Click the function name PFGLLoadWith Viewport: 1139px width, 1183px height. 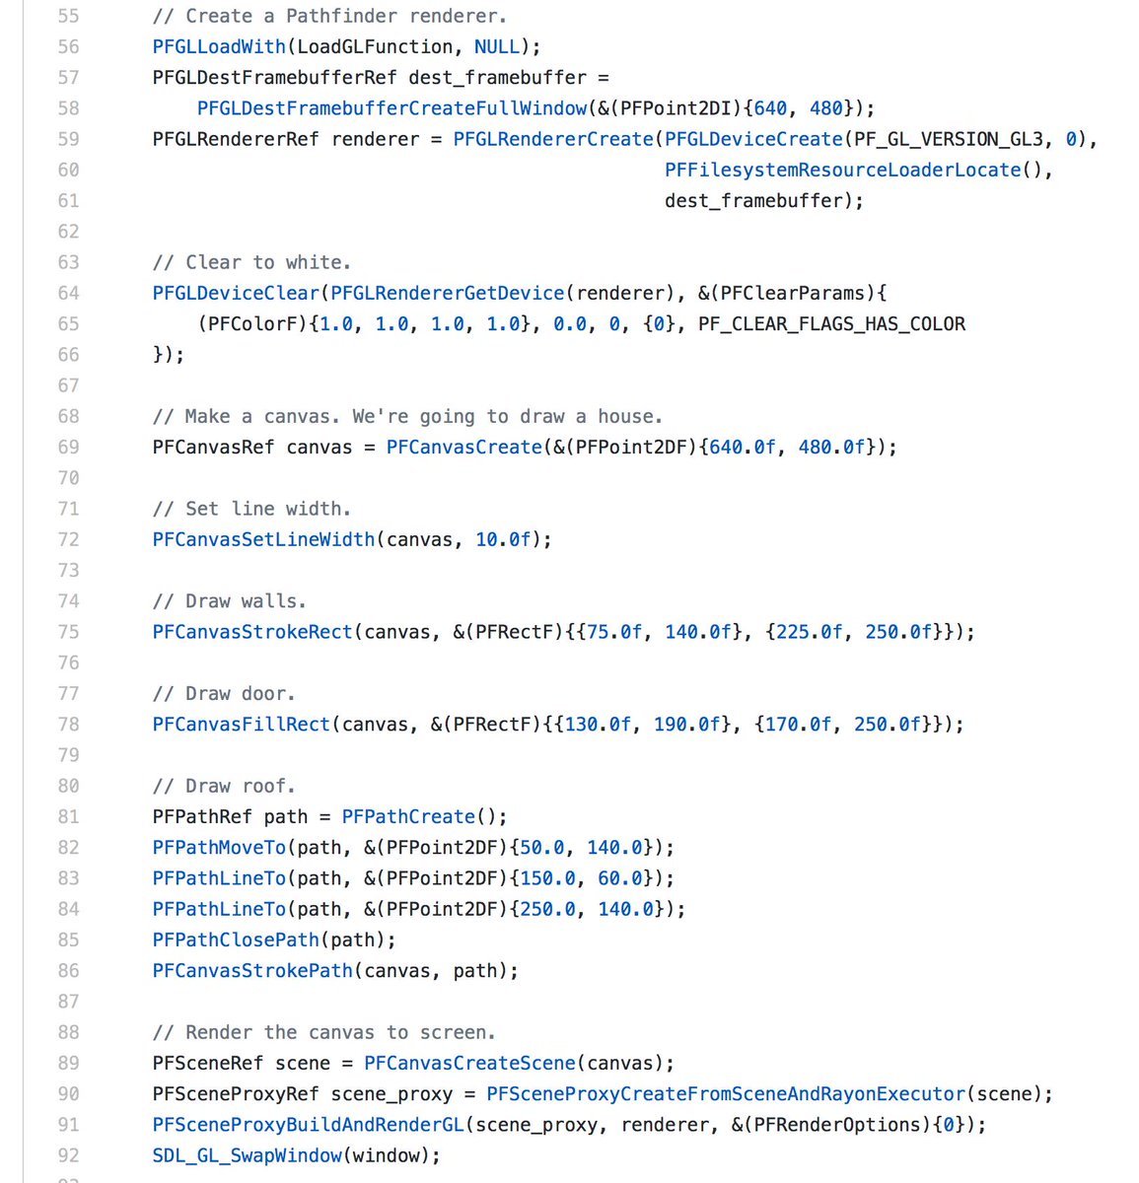pos(219,46)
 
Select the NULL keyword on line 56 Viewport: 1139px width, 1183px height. pos(496,46)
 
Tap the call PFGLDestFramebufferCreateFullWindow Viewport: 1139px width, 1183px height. pos(392,108)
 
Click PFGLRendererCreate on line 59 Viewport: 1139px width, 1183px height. pos(553,139)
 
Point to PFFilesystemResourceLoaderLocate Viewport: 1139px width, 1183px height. pos(842,170)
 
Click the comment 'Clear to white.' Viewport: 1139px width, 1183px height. pos(251,262)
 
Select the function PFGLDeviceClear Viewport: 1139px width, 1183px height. pos(236,293)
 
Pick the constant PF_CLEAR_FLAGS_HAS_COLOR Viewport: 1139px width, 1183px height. pos(831,323)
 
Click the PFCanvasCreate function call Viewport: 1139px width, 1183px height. pos(463,447)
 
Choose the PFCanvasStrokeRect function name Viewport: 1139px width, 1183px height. pos(252,632)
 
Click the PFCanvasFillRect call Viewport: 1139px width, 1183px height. pos(241,725)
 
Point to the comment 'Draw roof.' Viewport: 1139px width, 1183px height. pos(224,786)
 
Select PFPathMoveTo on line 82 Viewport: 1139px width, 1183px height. pos(219,848)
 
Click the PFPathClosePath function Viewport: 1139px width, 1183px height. pos(236,939)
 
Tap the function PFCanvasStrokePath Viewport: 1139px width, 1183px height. pos(252,971)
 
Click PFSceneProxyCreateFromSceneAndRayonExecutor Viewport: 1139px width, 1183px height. pos(726,1094)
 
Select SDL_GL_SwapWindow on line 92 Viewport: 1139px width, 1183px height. pos(247,1155)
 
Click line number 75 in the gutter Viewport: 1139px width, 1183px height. pos(68,632)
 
